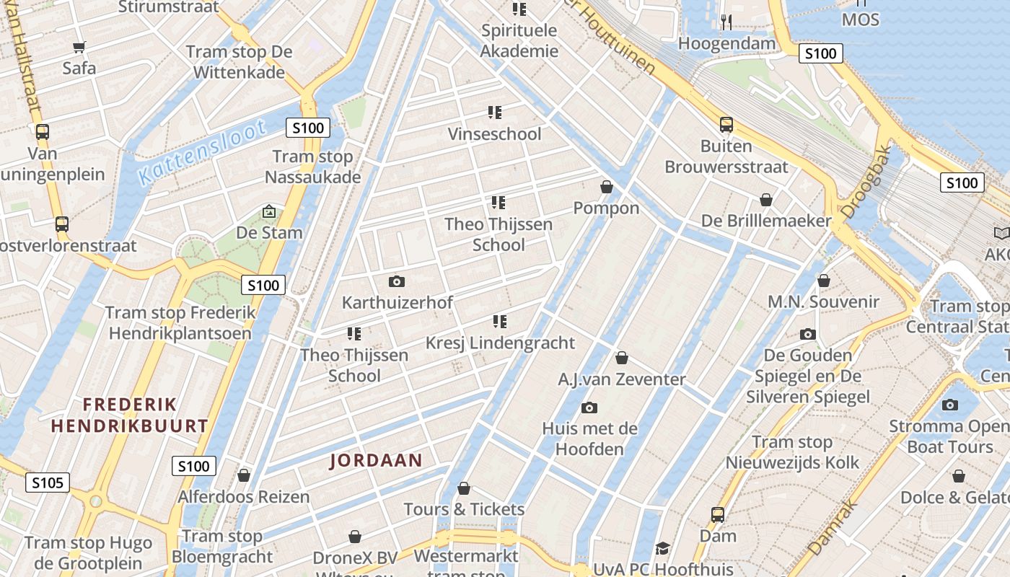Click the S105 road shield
click(48, 483)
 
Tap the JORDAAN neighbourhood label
click(376, 460)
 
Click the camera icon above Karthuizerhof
click(396, 281)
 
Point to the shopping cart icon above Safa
click(79, 47)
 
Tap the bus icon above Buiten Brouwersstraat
click(726, 125)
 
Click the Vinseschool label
click(494, 134)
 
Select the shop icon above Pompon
click(606, 187)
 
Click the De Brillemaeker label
click(766, 221)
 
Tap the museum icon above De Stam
click(269, 211)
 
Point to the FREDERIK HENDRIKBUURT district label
click(130, 415)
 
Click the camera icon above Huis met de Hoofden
click(589, 408)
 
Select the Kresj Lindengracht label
click(500, 343)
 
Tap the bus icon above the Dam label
click(717, 514)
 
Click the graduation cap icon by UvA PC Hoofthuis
click(662, 549)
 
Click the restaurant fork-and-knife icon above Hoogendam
click(726, 22)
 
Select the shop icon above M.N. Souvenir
click(823, 281)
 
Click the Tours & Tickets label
click(464, 509)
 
